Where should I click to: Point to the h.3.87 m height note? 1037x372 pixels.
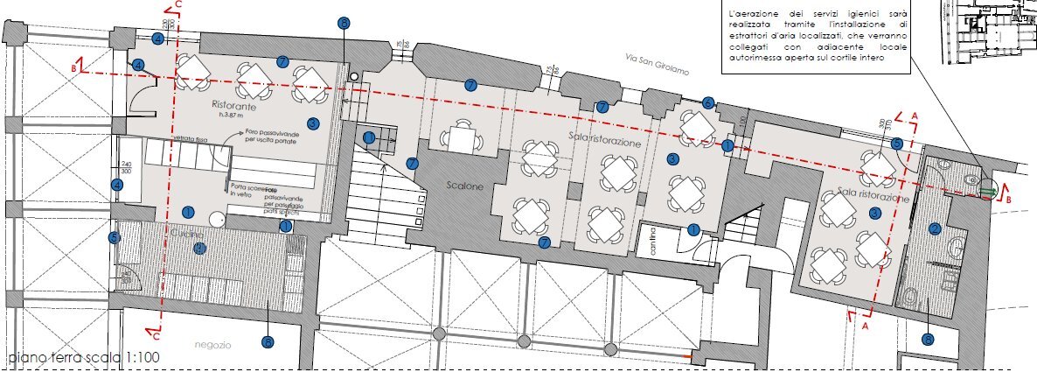point(233,115)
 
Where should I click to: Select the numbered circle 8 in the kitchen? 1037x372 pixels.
point(199,249)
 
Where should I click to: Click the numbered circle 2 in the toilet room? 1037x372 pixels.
point(934,229)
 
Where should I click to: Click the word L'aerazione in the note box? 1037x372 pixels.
point(754,15)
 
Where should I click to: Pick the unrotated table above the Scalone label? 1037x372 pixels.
point(458,137)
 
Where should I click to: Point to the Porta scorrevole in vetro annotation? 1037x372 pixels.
point(247,191)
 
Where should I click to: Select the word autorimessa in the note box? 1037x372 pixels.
point(762,59)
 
